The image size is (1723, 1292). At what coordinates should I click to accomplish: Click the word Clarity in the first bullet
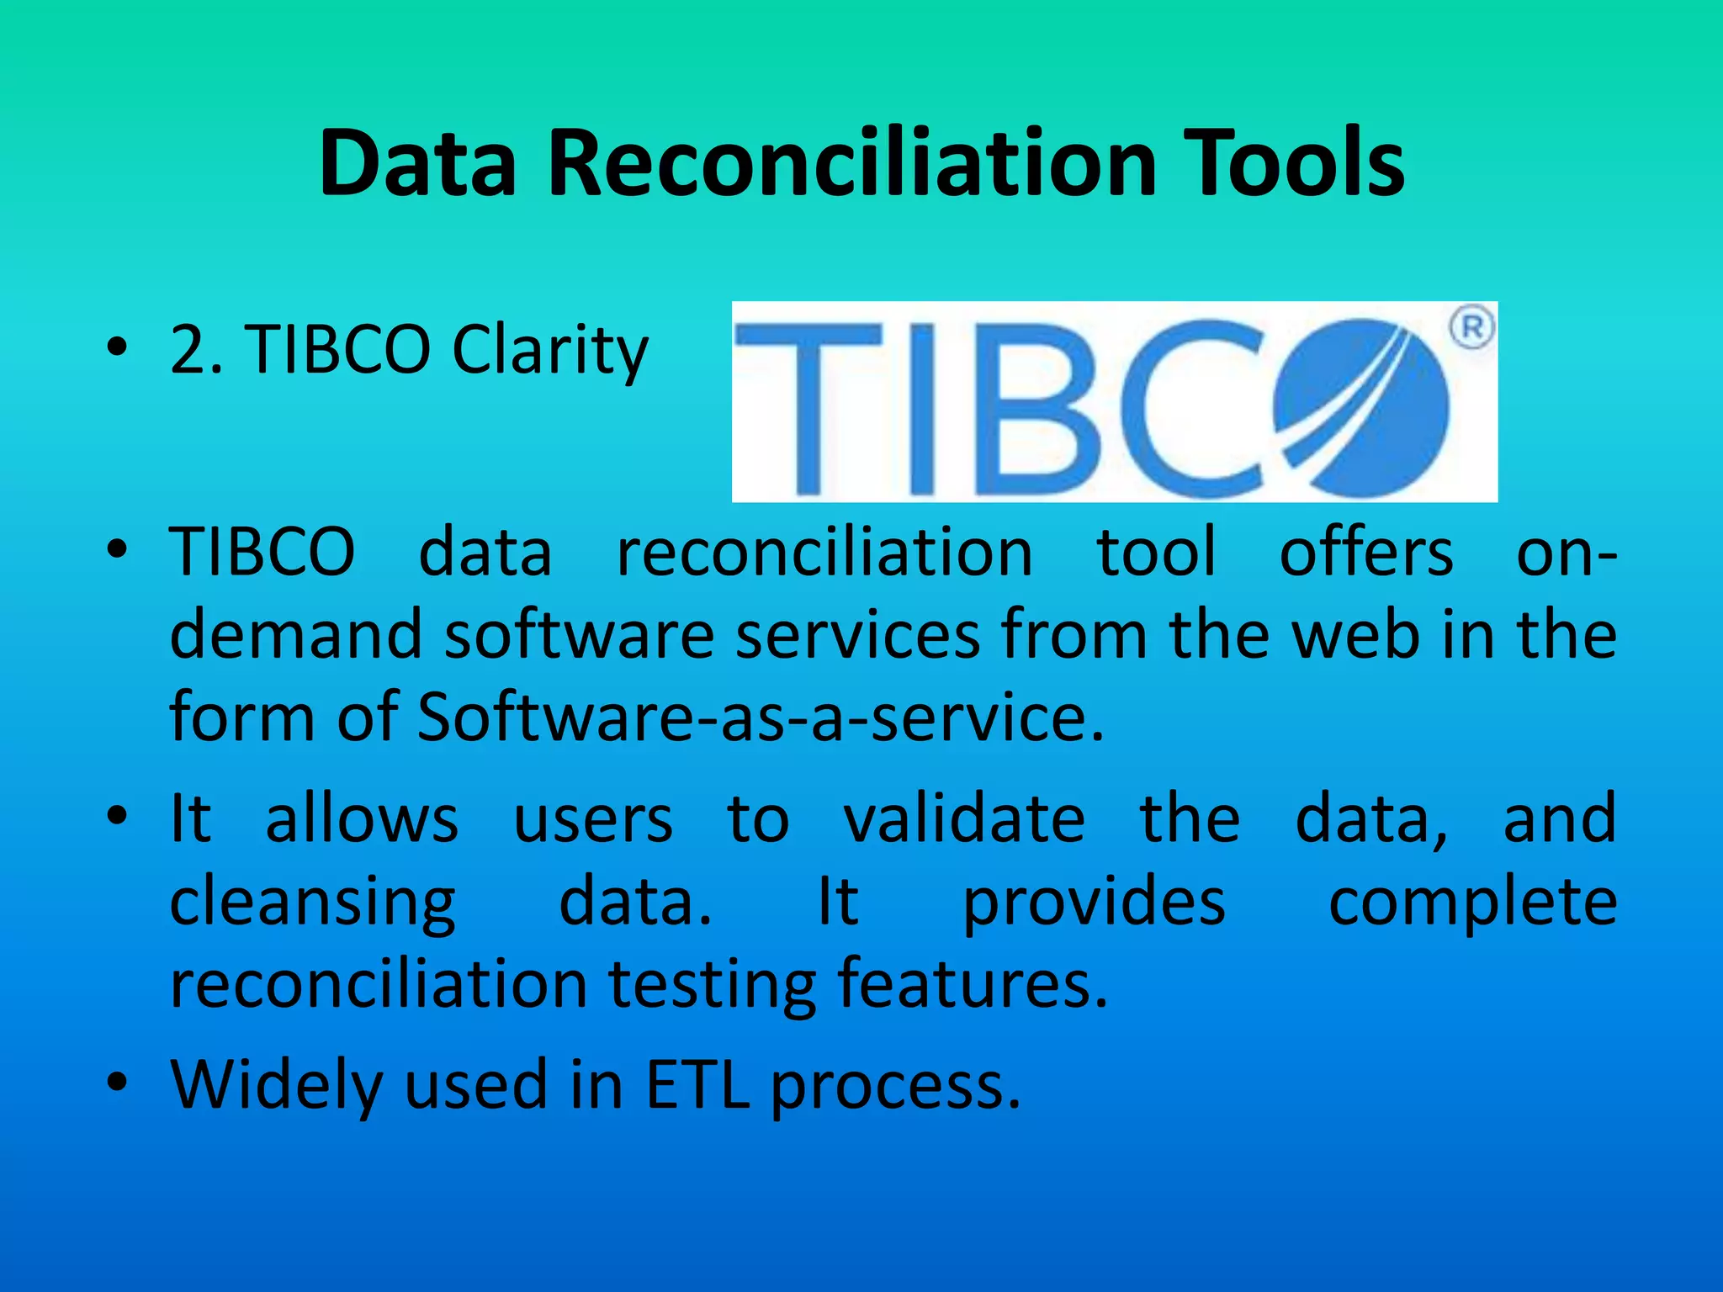pyautogui.click(x=550, y=350)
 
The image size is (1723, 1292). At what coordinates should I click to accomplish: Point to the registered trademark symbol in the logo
pyautogui.click(x=1472, y=328)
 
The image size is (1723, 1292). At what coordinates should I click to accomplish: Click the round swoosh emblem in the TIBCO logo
pyautogui.click(x=1363, y=408)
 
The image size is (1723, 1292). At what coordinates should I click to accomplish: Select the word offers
pyautogui.click(x=1366, y=553)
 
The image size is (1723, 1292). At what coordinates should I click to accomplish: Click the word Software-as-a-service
pyautogui.click(x=761, y=717)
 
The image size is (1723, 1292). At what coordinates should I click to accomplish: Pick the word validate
pyautogui.click(x=964, y=818)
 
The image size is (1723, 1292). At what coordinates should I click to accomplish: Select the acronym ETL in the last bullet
pyautogui.click(x=697, y=1084)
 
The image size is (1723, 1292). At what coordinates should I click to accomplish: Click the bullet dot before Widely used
pyautogui.click(x=117, y=1083)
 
